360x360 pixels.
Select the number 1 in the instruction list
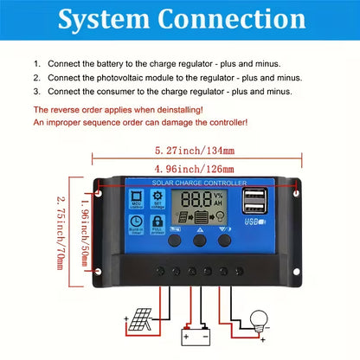click(x=37, y=64)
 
